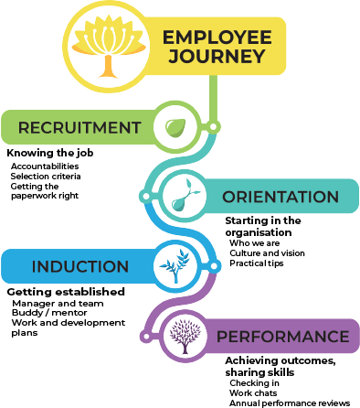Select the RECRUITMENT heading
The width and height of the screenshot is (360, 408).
(x=80, y=127)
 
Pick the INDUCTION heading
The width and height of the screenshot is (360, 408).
(x=80, y=267)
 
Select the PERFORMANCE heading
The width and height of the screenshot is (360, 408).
(x=281, y=336)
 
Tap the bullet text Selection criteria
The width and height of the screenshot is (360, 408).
(x=46, y=176)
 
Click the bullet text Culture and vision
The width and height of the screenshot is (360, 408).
(x=267, y=252)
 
